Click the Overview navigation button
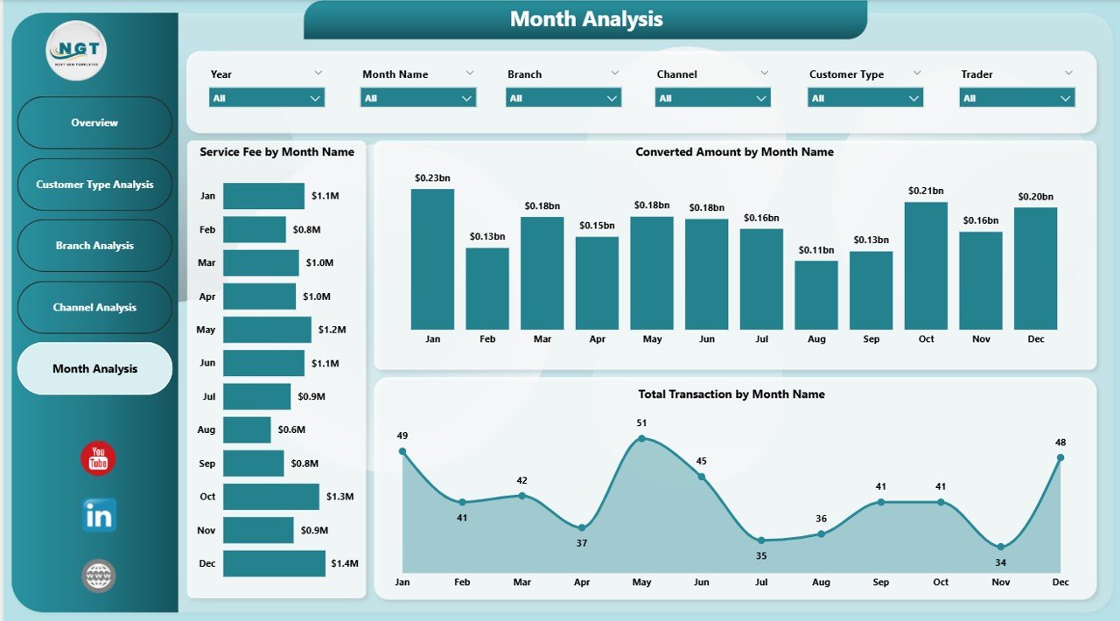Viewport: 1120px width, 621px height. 94,122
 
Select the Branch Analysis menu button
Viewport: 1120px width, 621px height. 94,246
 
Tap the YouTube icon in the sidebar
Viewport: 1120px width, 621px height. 98,459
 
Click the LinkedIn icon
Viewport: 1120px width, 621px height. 99,516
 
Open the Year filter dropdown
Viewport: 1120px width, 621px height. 267,98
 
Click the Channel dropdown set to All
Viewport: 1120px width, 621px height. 712,98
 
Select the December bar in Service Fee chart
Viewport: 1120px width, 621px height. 274,563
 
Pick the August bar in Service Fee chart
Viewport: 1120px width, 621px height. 247,429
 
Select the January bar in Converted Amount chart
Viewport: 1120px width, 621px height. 432,259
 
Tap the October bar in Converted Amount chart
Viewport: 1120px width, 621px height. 926,265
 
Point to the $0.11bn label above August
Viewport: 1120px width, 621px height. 815,250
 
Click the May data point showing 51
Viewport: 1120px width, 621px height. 641,438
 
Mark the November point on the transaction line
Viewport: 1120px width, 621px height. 1000,548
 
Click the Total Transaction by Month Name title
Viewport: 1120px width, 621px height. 731,394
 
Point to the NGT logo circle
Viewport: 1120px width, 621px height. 76,51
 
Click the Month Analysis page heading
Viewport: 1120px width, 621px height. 585,19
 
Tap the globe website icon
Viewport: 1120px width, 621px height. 98,576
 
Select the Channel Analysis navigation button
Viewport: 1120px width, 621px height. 94,308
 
